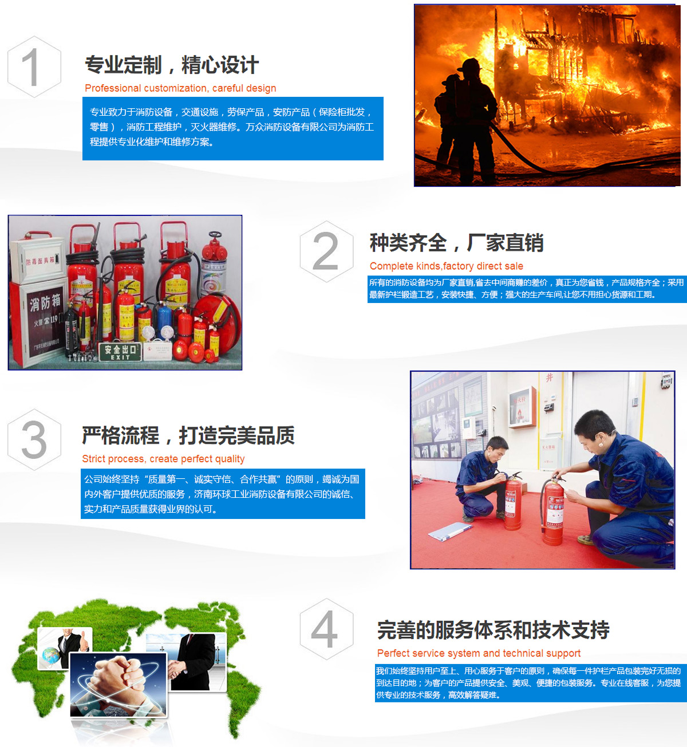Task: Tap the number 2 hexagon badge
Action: [326, 251]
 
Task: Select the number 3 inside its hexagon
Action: [34, 440]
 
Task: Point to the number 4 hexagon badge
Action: [326, 629]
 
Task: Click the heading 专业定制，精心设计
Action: [172, 65]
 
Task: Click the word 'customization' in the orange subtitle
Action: [175, 88]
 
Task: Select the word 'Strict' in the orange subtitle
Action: [93, 459]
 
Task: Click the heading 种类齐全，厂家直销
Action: [457, 243]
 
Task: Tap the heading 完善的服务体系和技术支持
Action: [493, 630]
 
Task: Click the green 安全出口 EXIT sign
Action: [120, 352]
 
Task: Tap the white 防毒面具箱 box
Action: [37, 257]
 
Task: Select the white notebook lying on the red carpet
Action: [451, 531]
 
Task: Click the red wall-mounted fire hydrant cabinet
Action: [523, 407]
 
